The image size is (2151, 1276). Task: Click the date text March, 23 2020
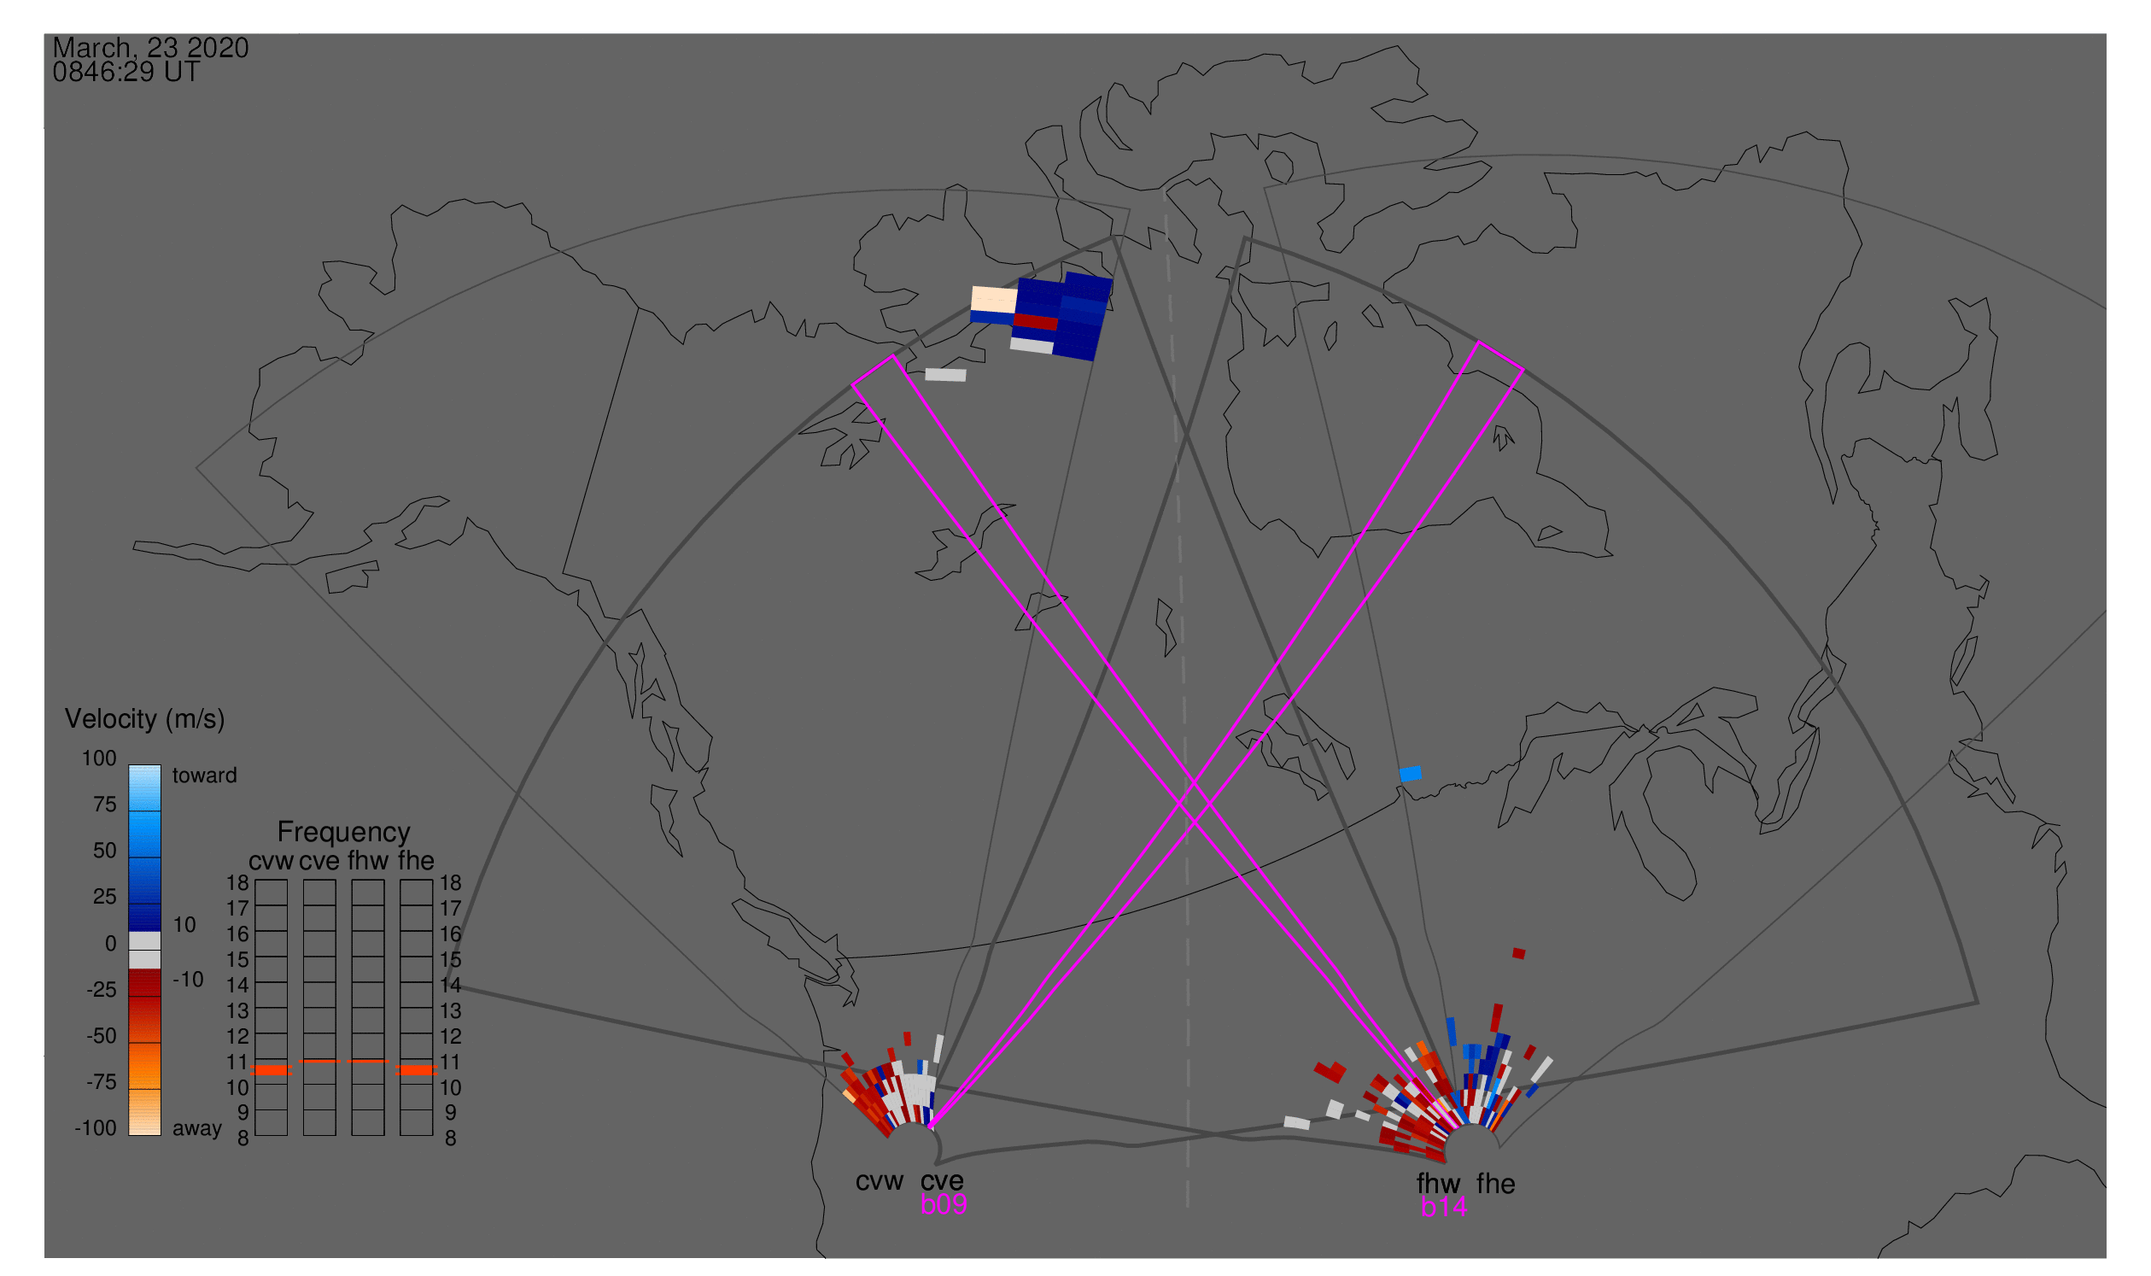click(150, 48)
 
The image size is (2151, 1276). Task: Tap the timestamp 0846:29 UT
click(126, 73)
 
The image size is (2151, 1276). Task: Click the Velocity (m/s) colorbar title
click(144, 720)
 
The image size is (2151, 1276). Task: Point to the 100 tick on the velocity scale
click(99, 758)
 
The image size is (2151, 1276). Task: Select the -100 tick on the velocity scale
click(95, 1128)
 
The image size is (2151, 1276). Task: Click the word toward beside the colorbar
click(205, 776)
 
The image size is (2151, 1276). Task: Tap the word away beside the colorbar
click(197, 1129)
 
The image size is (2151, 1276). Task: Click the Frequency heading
click(343, 833)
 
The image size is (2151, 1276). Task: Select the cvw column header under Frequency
click(271, 862)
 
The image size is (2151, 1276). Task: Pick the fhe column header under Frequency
click(416, 861)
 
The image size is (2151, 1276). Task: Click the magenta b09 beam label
click(944, 1205)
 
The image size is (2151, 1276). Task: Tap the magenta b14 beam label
click(1444, 1208)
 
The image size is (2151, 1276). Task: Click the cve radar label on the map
click(942, 1181)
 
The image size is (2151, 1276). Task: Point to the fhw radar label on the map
click(1438, 1184)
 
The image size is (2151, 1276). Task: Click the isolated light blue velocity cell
click(1410, 775)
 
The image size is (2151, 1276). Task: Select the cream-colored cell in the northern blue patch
click(994, 300)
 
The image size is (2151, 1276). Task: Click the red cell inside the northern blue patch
click(1036, 323)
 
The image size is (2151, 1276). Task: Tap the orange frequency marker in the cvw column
click(271, 1070)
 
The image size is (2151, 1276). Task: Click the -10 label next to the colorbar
click(188, 980)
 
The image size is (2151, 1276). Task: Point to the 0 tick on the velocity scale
click(110, 944)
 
